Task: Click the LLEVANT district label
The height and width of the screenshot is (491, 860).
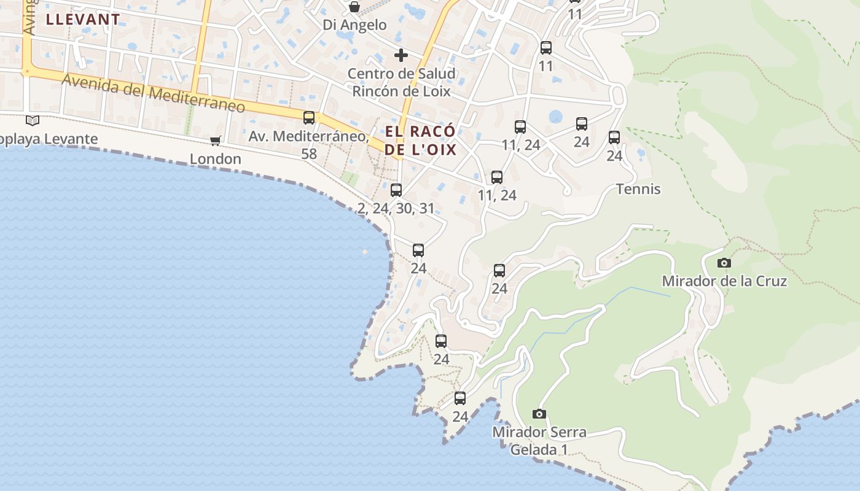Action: [83, 19]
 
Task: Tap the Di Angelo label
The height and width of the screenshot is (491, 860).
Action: [355, 25]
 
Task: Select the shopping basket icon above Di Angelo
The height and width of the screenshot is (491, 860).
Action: [354, 7]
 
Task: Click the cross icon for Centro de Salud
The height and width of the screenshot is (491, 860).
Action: [401, 55]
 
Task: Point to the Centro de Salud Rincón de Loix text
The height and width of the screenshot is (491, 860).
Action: [402, 82]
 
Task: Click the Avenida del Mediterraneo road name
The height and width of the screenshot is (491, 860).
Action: [153, 93]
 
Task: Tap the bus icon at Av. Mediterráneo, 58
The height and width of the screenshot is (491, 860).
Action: [309, 117]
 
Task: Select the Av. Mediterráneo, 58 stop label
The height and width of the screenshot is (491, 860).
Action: [309, 144]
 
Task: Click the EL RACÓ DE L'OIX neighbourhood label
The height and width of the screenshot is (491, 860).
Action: [421, 141]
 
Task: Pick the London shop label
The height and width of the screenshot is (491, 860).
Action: [215, 159]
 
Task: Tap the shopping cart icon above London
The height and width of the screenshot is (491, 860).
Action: [215, 141]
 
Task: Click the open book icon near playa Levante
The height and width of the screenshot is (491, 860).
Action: [33, 120]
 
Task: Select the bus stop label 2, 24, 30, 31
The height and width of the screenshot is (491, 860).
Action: [396, 209]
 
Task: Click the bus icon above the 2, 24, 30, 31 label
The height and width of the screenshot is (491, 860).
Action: [396, 190]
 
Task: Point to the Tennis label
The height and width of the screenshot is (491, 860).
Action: [638, 189]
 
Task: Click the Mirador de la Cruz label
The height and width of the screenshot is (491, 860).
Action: [724, 281]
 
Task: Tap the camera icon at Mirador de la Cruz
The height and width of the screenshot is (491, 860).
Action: [724, 263]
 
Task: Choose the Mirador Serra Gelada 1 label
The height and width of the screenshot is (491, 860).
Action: [539, 441]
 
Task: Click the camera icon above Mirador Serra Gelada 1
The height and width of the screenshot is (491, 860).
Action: [539, 414]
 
